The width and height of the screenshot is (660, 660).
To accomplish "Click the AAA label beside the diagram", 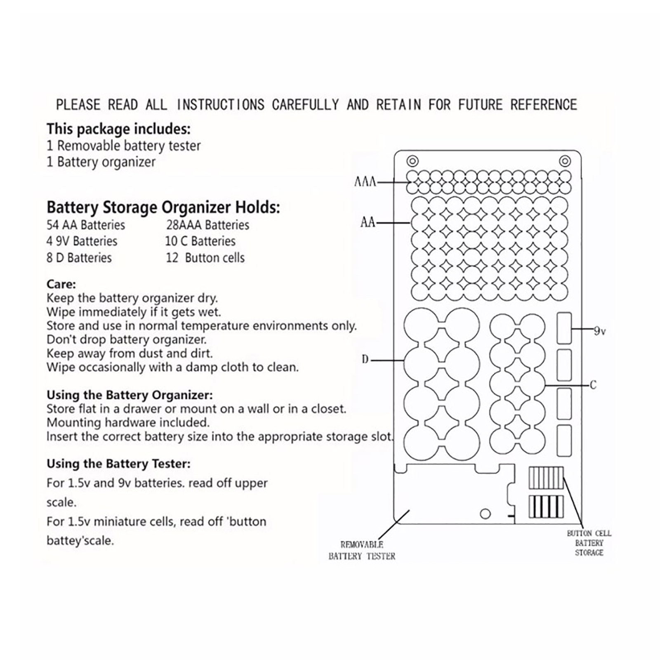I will point(365,181).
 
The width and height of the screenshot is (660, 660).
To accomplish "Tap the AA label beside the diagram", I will point(368,222).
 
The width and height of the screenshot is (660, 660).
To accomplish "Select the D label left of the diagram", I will point(365,360).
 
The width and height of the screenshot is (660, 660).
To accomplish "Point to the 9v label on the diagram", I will point(600,331).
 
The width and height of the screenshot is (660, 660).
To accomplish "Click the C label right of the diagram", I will point(593,385).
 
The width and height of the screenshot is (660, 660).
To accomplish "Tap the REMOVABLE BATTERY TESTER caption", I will point(362,550).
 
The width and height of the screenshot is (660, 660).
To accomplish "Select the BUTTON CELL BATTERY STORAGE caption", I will point(589,543).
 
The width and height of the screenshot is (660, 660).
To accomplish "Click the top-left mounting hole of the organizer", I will point(412,161).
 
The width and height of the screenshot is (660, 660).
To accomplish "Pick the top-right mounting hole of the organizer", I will point(565,161).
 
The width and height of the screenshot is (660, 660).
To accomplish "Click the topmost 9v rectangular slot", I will point(564,328).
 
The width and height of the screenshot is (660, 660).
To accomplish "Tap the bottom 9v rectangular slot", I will point(564,441).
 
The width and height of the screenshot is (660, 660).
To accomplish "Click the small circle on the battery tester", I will point(486,514).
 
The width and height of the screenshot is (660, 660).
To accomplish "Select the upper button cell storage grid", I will point(546,478).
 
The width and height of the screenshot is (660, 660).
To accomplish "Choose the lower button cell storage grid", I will point(546,507).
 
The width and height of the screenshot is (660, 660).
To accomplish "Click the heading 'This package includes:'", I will point(118,129).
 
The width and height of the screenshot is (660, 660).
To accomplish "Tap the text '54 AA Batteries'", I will point(86,225).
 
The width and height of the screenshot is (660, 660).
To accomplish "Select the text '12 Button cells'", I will point(205,258).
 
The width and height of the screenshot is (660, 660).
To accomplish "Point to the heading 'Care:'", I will point(61,284).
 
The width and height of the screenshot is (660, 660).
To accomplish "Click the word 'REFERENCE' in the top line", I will point(543,105).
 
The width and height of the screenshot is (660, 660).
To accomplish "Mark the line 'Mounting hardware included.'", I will point(128,422).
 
